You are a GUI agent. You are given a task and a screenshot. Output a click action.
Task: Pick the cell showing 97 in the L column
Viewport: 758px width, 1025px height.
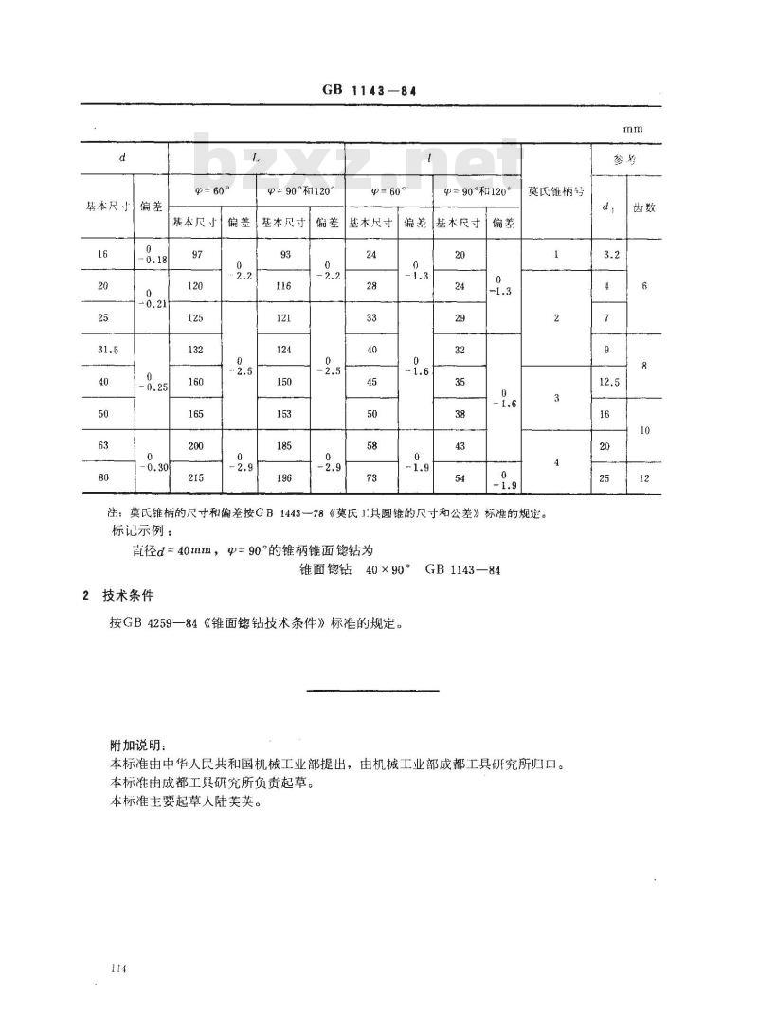[197, 254]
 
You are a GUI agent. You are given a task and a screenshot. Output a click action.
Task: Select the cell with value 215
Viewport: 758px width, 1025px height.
[197, 477]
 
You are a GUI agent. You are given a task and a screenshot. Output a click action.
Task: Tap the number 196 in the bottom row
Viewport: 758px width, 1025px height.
[284, 477]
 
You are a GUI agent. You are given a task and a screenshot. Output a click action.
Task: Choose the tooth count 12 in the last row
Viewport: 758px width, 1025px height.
[643, 477]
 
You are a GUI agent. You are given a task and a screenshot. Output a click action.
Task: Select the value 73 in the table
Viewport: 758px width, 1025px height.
[371, 477]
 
